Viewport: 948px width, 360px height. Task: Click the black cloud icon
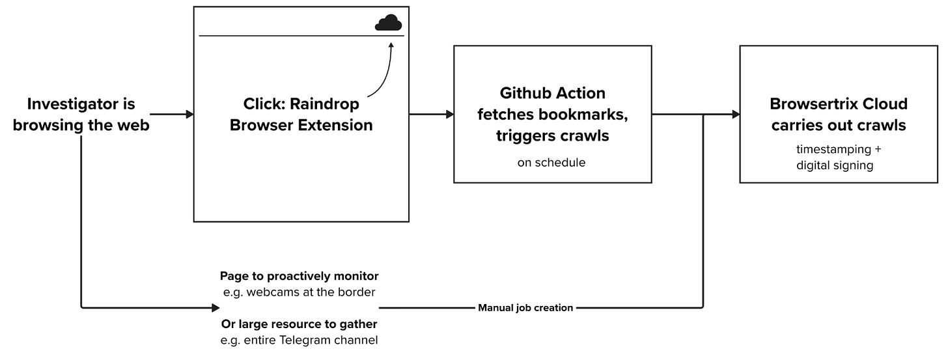388,23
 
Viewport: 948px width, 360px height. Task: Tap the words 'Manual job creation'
525,308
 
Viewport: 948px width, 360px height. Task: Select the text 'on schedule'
551,163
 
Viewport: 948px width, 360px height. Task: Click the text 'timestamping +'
838,149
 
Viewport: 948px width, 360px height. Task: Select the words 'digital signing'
834,165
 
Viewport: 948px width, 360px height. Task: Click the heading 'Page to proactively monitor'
299,276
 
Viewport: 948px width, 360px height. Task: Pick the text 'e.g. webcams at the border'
299,292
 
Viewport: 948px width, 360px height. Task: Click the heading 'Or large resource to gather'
299,324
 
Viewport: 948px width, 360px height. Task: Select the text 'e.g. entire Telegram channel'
299,340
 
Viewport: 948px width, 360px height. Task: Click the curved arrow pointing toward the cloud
383,75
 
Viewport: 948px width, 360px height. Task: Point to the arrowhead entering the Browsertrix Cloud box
735,115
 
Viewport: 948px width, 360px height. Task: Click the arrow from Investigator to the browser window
171,115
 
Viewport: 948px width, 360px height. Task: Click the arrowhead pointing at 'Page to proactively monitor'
216,307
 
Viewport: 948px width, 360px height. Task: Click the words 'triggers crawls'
552,135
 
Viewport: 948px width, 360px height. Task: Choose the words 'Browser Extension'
301,125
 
